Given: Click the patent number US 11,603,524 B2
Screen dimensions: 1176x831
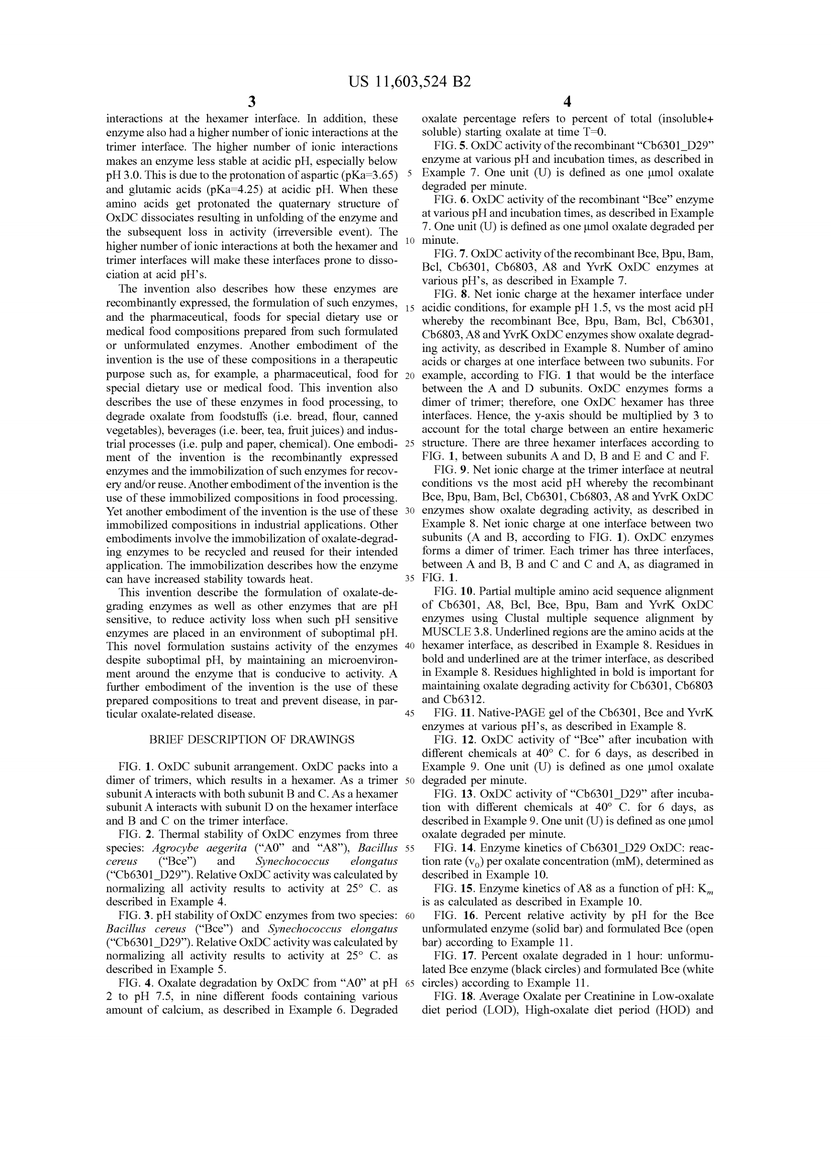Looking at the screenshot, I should (x=409, y=82).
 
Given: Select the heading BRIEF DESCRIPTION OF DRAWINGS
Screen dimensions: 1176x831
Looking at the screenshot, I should (x=251, y=740).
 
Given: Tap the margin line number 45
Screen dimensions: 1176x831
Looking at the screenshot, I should (x=410, y=713).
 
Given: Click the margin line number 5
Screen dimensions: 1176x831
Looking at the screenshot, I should (x=410, y=173).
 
